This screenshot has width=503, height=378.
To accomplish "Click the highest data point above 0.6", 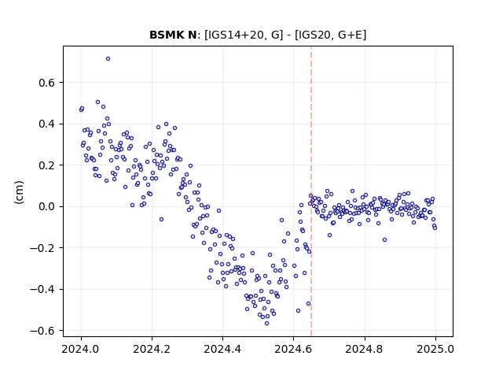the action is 108,59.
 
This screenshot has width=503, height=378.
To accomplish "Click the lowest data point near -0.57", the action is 266,324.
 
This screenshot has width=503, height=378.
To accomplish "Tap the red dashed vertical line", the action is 311,191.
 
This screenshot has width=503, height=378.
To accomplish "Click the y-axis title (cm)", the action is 19,192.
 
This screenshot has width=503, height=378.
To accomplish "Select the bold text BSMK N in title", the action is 173,35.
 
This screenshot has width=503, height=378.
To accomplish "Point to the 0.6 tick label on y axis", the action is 47,83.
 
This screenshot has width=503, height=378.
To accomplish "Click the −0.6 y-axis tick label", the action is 42,331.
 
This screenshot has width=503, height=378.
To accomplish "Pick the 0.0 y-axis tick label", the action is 47,206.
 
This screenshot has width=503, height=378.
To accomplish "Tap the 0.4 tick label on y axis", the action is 47,124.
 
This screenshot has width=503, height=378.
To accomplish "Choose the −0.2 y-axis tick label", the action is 42,248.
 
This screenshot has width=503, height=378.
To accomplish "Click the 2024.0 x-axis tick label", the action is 81,349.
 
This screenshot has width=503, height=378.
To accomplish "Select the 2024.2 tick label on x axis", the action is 152,349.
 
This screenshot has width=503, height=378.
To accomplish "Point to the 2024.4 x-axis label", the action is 222,349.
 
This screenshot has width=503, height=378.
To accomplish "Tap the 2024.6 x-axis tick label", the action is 293,349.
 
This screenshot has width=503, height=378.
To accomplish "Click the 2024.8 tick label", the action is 364,349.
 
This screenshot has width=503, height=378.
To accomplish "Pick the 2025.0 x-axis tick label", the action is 435,349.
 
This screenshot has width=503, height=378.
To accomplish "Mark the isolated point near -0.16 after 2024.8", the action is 384,239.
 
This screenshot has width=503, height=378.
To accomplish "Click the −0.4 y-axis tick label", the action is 42,290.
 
